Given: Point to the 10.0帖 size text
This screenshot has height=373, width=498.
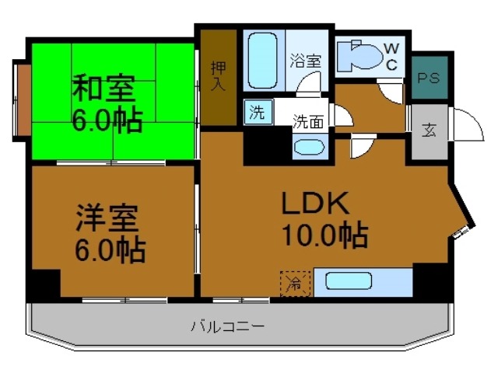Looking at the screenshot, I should pos(324,235).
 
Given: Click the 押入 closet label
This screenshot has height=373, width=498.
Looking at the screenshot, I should pos(219,75).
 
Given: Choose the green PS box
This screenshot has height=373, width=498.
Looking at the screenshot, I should pos(429,78).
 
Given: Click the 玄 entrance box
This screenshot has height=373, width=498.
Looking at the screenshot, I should pos(429,130).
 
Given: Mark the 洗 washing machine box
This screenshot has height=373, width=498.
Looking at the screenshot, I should pos(256,111).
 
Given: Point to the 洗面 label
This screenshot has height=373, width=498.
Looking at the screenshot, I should pos(307,121).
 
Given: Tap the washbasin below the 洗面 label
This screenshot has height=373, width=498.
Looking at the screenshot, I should pos(309,147).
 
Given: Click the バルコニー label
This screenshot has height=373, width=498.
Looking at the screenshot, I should pos(227,326).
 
